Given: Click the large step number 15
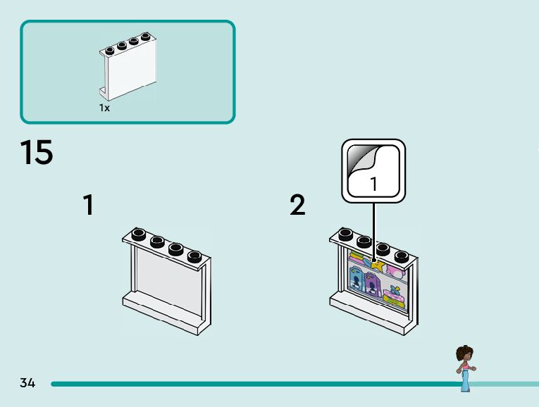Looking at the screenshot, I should (x=36, y=153).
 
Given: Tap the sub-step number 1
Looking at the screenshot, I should (x=88, y=206).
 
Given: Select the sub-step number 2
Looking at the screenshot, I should (x=297, y=206).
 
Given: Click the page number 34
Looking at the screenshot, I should (x=27, y=383).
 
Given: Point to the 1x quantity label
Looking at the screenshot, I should (x=104, y=108).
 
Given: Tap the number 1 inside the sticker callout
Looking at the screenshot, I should (x=373, y=184).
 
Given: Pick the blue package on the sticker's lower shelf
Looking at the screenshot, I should (x=357, y=282).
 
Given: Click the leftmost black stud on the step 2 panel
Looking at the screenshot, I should (x=345, y=234).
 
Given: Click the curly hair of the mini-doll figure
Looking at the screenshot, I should (x=464, y=353).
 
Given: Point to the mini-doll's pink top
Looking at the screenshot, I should (x=465, y=367).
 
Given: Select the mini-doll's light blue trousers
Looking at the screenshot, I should (x=465, y=381).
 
